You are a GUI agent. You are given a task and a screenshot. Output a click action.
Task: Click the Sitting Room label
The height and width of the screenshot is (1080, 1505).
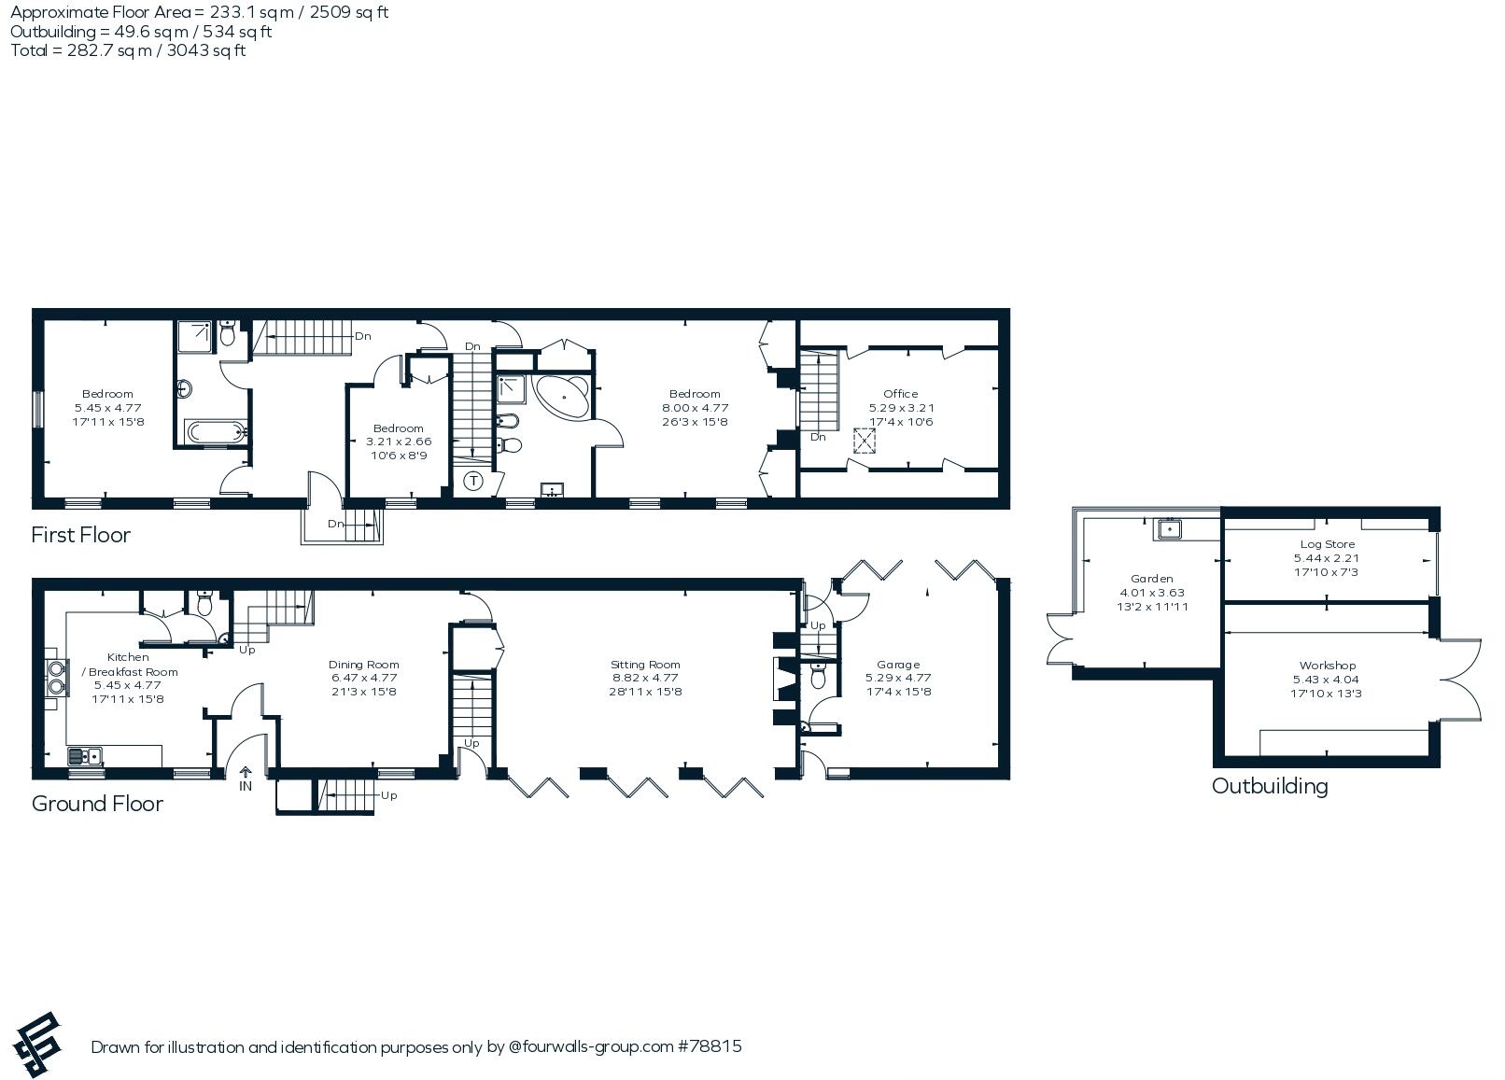point(645,665)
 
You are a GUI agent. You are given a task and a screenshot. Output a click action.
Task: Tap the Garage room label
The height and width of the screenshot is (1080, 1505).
point(898,665)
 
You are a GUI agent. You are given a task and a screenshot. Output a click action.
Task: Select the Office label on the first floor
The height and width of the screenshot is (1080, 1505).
point(900,394)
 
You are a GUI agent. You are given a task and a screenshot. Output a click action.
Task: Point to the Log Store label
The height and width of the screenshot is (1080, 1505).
point(1327,544)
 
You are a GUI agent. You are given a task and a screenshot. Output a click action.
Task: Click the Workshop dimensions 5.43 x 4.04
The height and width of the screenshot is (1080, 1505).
point(1326,679)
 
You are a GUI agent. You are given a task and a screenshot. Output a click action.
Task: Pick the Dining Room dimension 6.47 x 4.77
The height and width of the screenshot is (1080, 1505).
point(363,678)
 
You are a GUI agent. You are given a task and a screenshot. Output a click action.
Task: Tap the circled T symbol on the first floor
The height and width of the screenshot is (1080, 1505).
point(473,480)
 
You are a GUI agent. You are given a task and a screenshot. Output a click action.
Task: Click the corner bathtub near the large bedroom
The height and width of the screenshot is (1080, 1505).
point(562,397)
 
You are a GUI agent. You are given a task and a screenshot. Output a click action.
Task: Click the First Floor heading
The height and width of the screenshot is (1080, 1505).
point(80,535)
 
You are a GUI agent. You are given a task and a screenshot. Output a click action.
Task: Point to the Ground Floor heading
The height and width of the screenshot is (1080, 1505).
point(97,804)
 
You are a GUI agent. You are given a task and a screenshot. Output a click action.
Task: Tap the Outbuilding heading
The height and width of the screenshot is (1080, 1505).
point(1270,786)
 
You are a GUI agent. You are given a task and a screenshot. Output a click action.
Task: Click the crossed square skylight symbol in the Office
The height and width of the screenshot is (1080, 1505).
point(864,441)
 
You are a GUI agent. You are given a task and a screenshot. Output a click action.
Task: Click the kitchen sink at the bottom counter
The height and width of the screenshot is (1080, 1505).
point(85,756)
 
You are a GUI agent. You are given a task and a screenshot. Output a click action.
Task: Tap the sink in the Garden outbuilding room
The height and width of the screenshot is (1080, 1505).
point(1170,529)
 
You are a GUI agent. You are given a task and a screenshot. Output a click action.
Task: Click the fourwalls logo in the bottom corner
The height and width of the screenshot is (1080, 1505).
point(37,1045)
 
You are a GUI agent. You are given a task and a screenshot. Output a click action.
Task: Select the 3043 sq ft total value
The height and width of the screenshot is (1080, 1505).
point(206,50)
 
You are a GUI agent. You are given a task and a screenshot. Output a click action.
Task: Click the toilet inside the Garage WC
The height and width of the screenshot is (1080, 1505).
point(818,676)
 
